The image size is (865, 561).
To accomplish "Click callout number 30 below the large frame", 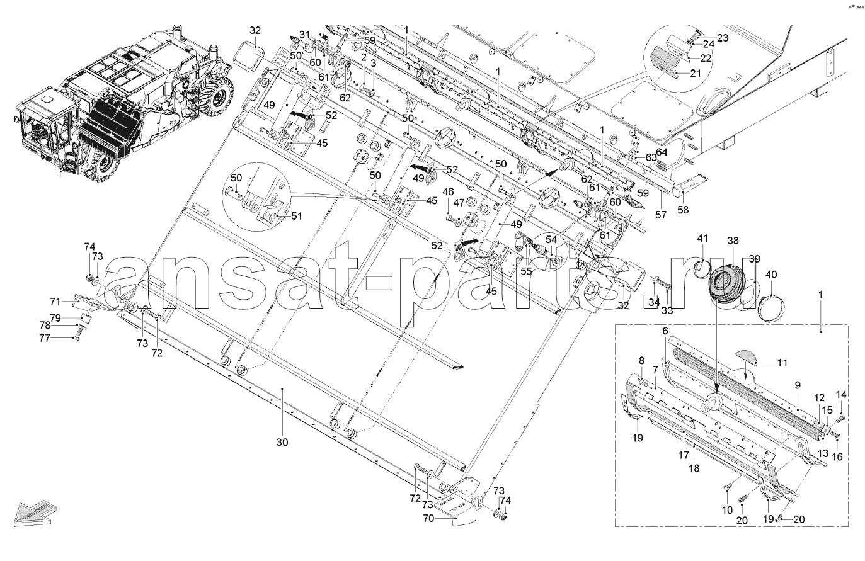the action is (x=282, y=442).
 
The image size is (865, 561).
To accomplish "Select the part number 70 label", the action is (x=428, y=519).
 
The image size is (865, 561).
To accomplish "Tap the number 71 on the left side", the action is (x=55, y=302).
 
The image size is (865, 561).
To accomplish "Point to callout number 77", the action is (x=45, y=338).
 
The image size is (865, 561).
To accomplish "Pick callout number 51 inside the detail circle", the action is (x=297, y=216).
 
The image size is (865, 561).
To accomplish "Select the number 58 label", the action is (x=683, y=210).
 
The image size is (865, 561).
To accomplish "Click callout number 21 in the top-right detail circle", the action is (x=696, y=72).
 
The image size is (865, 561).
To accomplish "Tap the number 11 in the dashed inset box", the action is (x=782, y=363).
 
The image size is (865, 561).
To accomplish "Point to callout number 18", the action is (x=694, y=468).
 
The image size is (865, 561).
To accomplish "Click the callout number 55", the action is (x=526, y=271).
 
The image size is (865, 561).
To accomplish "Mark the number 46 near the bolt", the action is (x=449, y=192).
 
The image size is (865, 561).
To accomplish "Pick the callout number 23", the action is (x=722, y=38).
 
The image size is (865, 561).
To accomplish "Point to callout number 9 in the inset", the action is (x=798, y=385).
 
